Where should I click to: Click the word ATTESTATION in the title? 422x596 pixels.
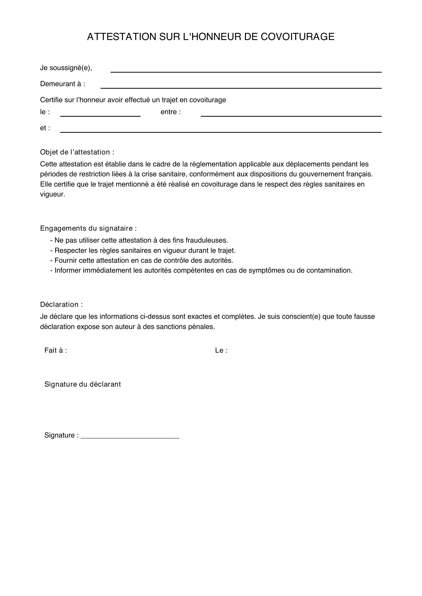pyautogui.click(x=121, y=37)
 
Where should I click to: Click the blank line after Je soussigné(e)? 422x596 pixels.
pyautogui.click(x=246, y=70)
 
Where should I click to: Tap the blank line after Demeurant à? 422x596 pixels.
pyautogui.click(x=241, y=86)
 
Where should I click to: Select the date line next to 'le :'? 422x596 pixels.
pyautogui.click(x=100, y=114)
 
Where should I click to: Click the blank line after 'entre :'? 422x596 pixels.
pyautogui.click(x=291, y=114)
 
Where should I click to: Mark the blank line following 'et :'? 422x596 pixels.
pyautogui.click(x=221, y=130)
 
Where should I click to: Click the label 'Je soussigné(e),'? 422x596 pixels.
pyautogui.click(x=66, y=68)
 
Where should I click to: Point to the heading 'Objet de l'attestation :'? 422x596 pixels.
pyautogui.click(x=77, y=152)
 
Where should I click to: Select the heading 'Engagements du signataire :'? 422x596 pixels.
pyautogui.click(x=88, y=228)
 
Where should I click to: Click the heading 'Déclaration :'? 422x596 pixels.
pyautogui.click(x=61, y=304)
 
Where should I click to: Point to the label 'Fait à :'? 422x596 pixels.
pyautogui.click(x=56, y=350)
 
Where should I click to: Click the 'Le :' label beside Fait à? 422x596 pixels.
pyautogui.click(x=221, y=350)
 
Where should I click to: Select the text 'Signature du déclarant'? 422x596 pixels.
pyautogui.click(x=83, y=384)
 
